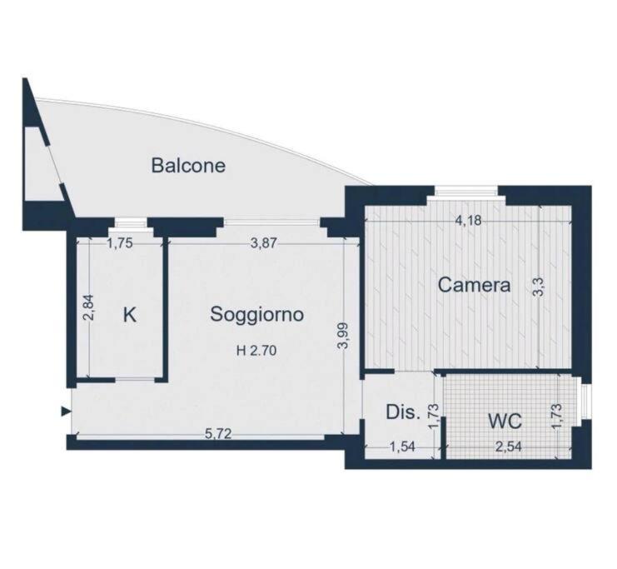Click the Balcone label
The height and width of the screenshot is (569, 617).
click(x=188, y=166)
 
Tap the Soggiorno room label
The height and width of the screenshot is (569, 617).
click(x=257, y=315)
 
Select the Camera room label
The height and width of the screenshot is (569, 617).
click(x=474, y=285)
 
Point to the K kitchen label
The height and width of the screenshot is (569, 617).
click(x=130, y=315)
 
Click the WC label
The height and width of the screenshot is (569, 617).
click(x=505, y=421)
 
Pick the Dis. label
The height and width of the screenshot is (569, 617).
click(x=403, y=412)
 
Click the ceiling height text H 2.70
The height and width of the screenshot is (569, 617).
click(x=256, y=350)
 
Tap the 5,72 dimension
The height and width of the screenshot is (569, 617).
click(x=218, y=433)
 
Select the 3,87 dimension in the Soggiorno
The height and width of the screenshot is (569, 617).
click(x=264, y=244)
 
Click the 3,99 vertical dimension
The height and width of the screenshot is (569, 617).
click(x=343, y=336)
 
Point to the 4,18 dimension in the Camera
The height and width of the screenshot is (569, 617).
click(x=468, y=221)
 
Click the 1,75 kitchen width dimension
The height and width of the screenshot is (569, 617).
click(x=120, y=244)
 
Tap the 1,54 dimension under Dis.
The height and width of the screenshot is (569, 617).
click(x=402, y=447)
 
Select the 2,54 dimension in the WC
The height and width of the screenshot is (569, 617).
click(x=508, y=447)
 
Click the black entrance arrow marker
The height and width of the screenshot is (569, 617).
click(x=66, y=412)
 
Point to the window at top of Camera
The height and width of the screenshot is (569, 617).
click(x=466, y=191)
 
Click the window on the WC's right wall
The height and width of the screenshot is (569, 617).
click(x=584, y=402)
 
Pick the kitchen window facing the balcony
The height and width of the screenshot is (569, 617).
click(x=127, y=223)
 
